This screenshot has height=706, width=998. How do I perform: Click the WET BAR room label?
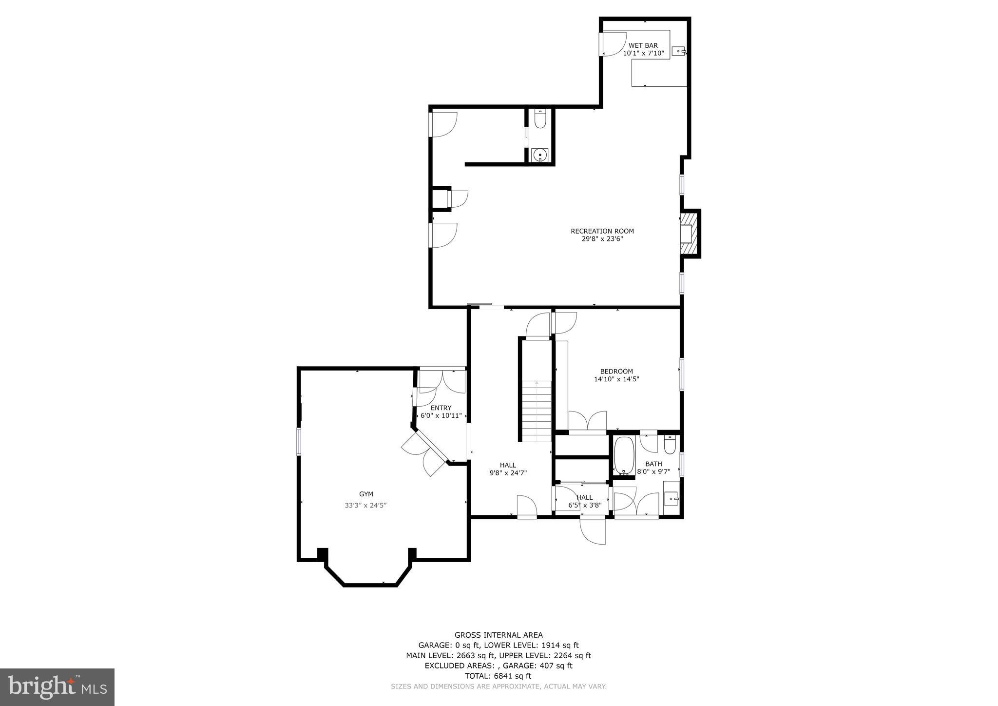point(643,45)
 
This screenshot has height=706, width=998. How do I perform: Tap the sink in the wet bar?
point(678,51)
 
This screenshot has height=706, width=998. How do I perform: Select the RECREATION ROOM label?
point(602,231)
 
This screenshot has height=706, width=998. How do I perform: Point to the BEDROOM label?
point(616,371)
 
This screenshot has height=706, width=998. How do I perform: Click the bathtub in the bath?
point(624,456)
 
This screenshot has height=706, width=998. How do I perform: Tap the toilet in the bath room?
point(669,445)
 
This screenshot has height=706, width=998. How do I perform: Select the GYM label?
point(365,494)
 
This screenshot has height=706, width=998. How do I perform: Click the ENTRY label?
point(441,408)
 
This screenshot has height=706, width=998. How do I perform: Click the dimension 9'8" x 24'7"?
point(508,472)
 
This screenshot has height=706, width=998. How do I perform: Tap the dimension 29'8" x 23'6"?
point(602,239)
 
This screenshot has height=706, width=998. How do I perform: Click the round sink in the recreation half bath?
point(540,156)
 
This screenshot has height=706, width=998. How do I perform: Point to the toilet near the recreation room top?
point(540,119)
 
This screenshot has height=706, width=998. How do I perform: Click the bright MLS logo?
point(57,687)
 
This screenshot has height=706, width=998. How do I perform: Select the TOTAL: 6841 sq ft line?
point(498,676)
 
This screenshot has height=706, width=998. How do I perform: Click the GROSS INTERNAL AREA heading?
point(498,635)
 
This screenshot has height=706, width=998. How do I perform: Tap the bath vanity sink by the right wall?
point(672,499)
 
